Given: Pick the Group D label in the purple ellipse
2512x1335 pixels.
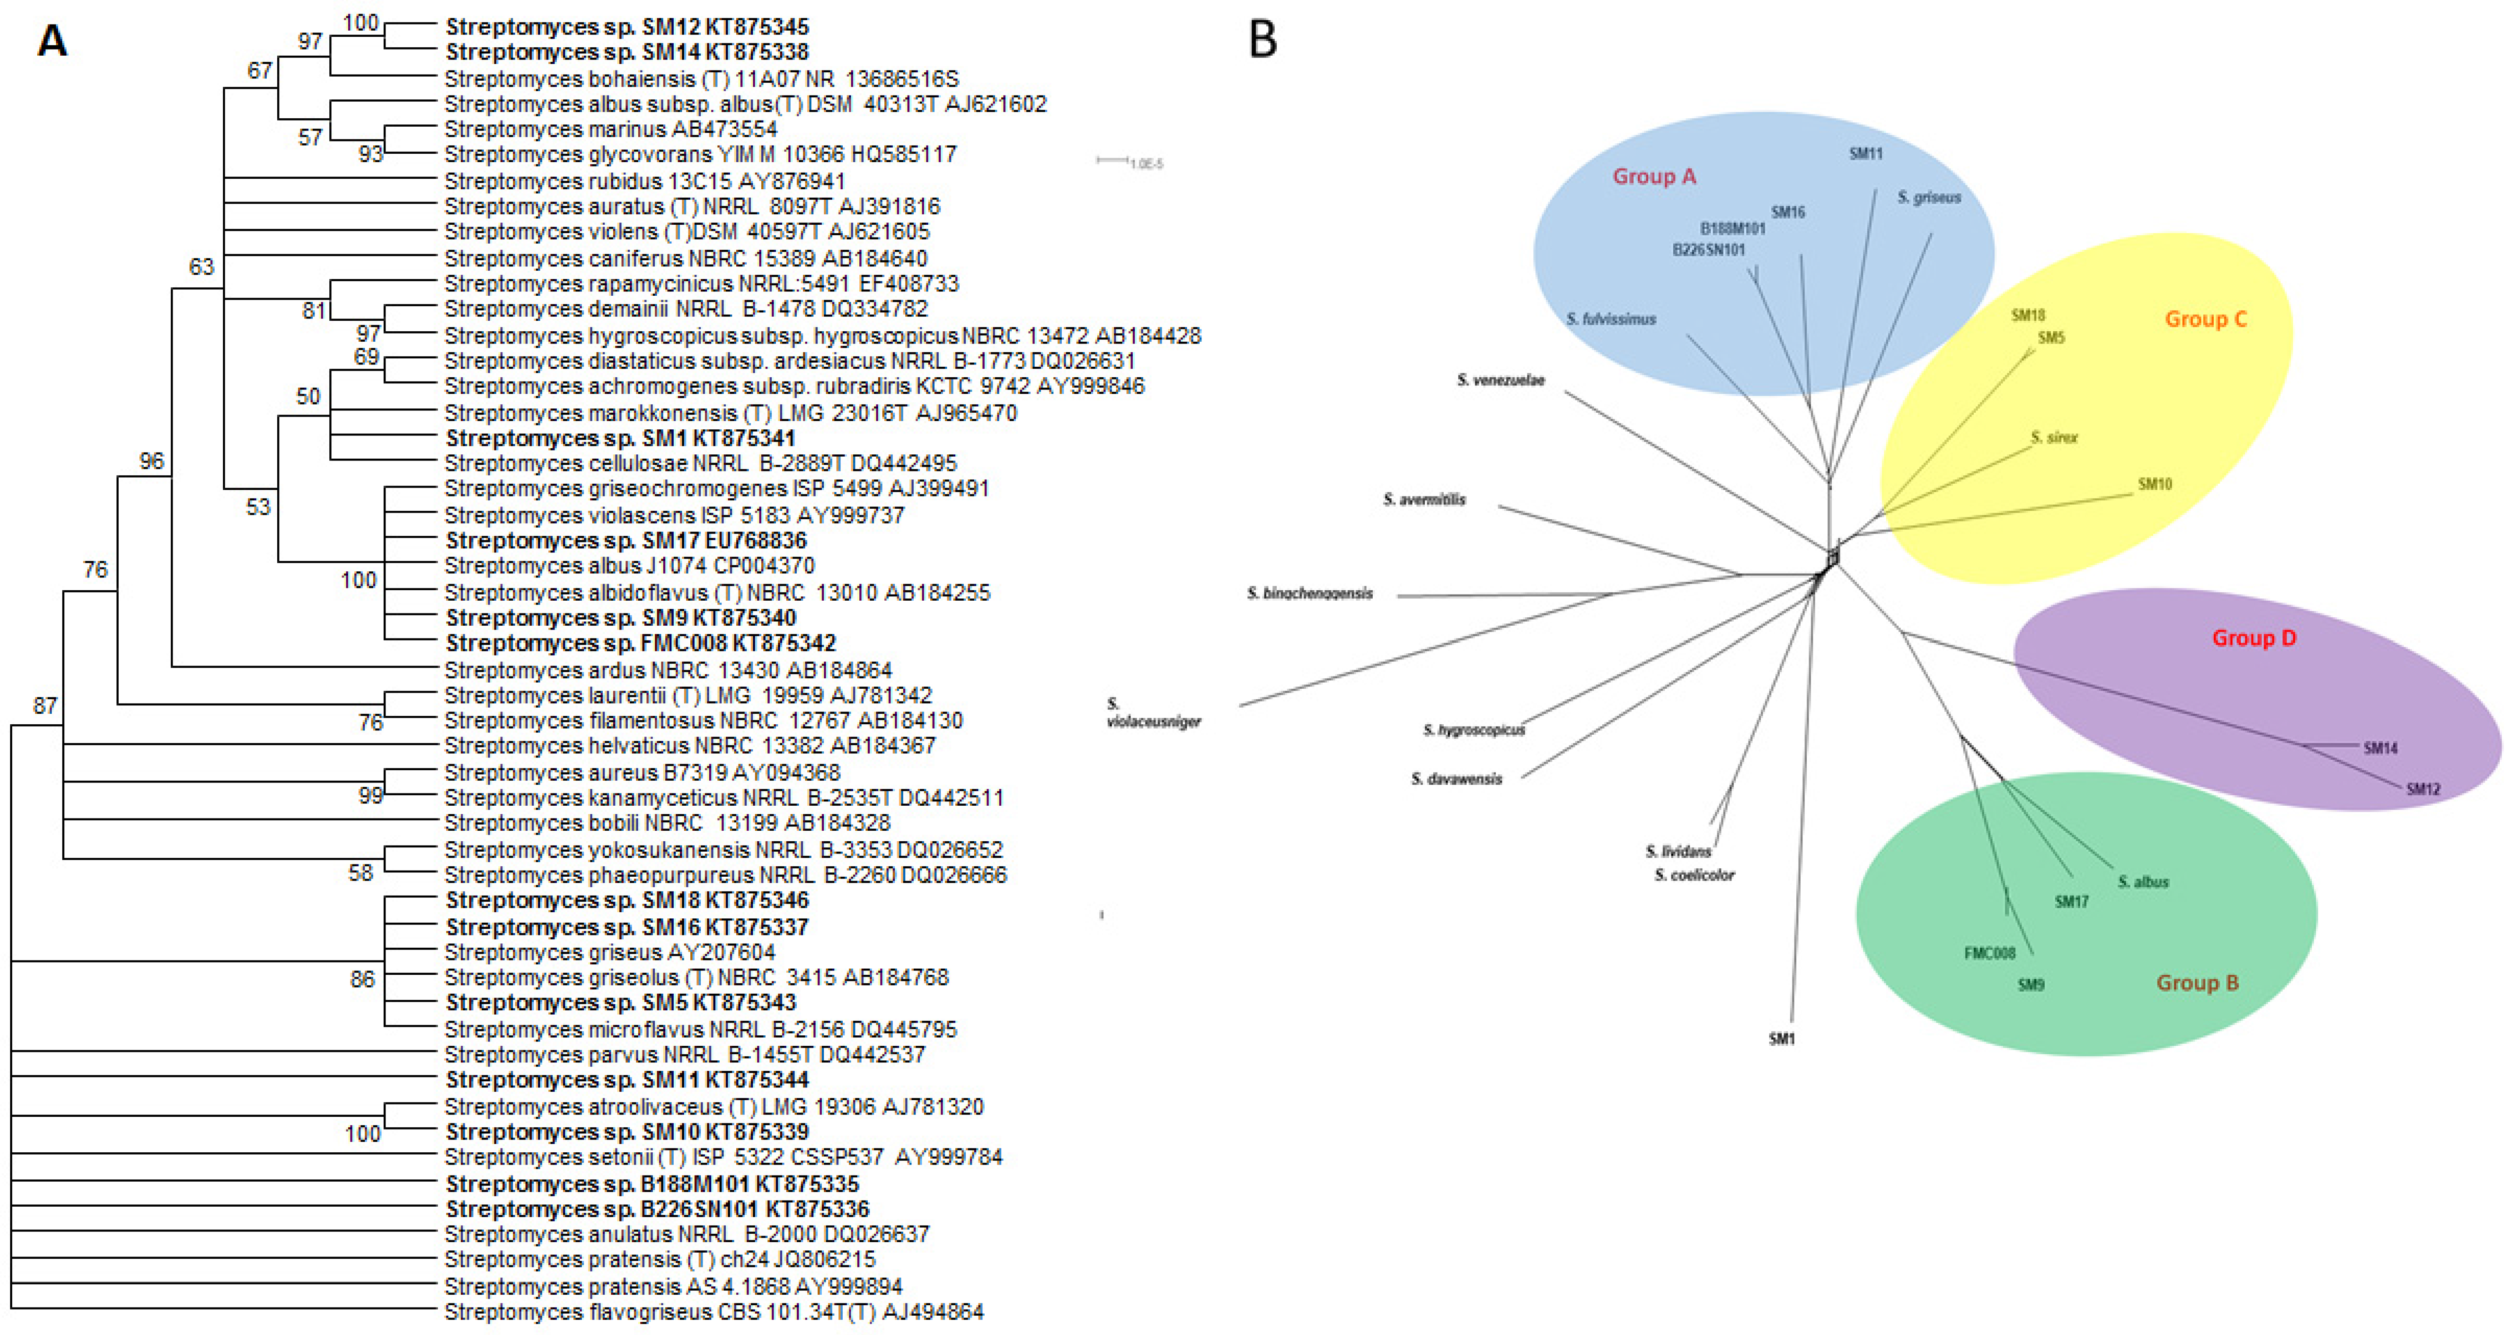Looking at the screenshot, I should (2254, 638).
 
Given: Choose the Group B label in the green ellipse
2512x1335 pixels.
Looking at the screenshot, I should (2197, 982).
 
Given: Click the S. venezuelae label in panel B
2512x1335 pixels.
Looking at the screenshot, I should (1501, 380).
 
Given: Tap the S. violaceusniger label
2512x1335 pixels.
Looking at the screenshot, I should (1153, 713).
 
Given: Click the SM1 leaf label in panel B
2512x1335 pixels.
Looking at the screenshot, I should (1781, 1038).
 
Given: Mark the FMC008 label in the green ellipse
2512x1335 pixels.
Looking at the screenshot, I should (1989, 953).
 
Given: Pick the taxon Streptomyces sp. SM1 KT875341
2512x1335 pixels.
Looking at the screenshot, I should (620, 438).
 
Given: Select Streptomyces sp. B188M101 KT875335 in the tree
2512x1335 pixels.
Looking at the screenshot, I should (651, 1184).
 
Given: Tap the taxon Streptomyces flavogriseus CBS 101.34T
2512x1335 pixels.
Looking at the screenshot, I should (714, 1312).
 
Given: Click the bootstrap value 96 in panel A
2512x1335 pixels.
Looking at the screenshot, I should (151, 460).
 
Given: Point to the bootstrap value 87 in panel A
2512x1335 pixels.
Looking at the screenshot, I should (45, 705).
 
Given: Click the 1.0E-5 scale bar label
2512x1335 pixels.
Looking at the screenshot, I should (1147, 164).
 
